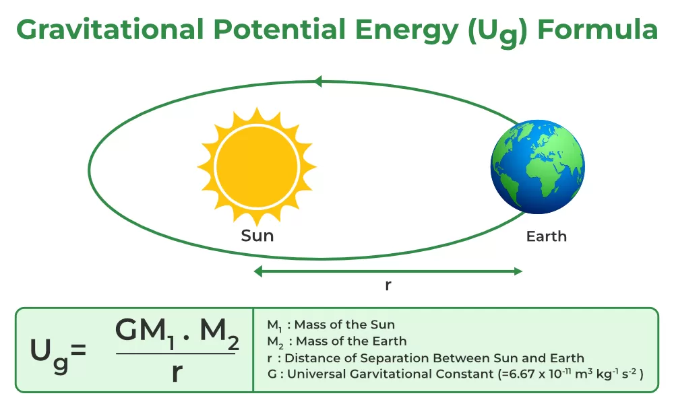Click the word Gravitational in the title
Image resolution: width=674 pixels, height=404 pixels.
click(x=110, y=30)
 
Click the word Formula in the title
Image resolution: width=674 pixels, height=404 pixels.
click(x=597, y=30)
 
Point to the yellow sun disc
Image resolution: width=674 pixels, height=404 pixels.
click(x=257, y=166)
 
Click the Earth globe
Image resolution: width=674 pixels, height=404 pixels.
click(x=537, y=166)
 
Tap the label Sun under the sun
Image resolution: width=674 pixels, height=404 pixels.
click(x=257, y=236)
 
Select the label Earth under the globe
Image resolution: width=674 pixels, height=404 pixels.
click(x=547, y=236)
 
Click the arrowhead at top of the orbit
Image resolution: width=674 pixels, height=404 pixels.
click(x=318, y=81)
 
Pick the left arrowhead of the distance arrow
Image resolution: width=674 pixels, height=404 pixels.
click(x=258, y=271)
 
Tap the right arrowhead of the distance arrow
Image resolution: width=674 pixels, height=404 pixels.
click(x=518, y=271)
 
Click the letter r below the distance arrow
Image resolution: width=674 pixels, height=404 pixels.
click(x=388, y=285)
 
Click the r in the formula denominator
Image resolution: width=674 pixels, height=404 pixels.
click(x=177, y=372)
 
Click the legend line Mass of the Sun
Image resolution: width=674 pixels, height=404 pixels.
click(x=331, y=325)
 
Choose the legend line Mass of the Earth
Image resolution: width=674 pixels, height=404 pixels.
click(x=337, y=342)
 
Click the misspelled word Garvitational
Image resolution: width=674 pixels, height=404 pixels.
click(x=422, y=374)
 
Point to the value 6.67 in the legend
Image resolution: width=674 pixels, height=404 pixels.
click(x=520, y=374)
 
